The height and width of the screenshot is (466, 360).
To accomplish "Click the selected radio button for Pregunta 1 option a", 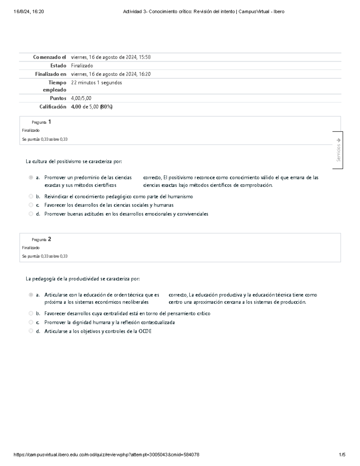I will click(x=31, y=178).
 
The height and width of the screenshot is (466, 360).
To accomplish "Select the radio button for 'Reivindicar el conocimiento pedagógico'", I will click(x=31, y=197).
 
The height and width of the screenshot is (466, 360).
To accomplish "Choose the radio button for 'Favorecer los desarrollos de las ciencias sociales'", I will click(x=31, y=205).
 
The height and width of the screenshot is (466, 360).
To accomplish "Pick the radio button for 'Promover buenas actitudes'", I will click(x=31, y=214).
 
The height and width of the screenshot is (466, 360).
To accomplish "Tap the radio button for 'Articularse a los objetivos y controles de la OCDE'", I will click(x=31, y=331).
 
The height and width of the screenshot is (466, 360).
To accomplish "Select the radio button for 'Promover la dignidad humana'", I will click(x=31, y=322).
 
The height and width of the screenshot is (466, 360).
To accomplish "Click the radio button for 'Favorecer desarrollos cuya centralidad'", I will click(x=31, y=314).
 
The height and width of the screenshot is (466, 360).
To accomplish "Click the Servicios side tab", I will click(x=338, y=150).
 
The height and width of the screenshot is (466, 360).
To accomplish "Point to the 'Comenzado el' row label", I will click(x=49, y=57).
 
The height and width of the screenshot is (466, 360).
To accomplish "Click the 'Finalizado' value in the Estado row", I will click(x=82, y=66).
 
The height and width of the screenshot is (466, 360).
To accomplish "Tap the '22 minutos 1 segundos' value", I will click(x=96, y=83).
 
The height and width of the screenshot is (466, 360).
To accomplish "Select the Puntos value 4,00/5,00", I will click(x=81, y=98).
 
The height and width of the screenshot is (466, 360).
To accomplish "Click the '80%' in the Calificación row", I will click(x=106, y=107).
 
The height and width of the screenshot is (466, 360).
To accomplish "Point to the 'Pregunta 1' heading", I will click(x=41, y=122).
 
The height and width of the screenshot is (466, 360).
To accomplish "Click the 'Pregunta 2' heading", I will click(x=41, y=239).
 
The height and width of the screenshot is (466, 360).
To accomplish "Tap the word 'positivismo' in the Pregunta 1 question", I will click(x=69, y=161).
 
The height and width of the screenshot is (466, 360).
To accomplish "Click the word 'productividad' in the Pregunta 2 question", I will click(x=84, y=279).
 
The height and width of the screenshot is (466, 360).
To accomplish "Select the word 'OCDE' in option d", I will click(x=145, y=331).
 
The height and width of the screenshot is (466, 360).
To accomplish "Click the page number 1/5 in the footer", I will click(x=342, y=455).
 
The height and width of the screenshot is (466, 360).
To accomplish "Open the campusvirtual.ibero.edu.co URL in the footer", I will click(x=106, y=455).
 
